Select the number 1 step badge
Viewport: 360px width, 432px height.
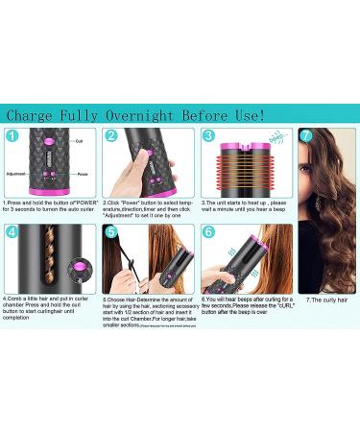pyautogui.click(x=12, y=137)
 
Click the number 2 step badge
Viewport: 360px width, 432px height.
pyautogui.click(x=110, y=137)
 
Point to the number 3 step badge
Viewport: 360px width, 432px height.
pyautogui.click(x=208, y=137)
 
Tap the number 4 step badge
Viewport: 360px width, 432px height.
pyautogui.click(x=12, y=231)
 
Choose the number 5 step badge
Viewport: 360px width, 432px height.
pyautogui.click(x=110, y=231)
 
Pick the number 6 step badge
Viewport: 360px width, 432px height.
pyautogui.click(x=208, y=231)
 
